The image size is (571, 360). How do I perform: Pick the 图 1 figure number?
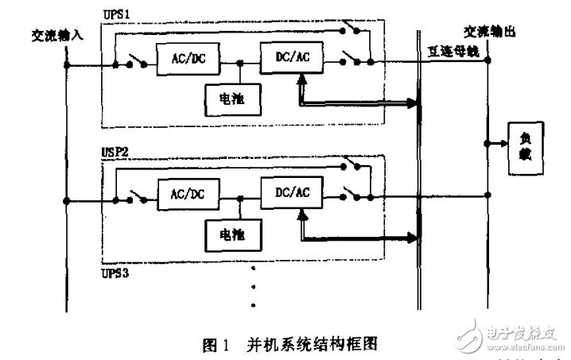(216, 343)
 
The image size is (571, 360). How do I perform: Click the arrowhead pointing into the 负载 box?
(503, 145)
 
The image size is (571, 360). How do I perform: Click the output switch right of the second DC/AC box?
(352, 193)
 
